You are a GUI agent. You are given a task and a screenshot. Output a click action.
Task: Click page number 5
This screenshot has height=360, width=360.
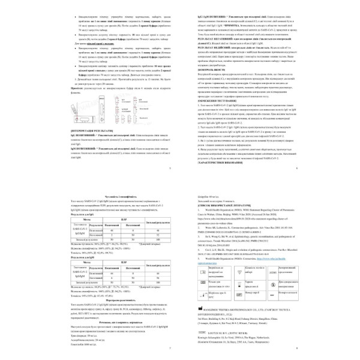click(170, 167)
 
